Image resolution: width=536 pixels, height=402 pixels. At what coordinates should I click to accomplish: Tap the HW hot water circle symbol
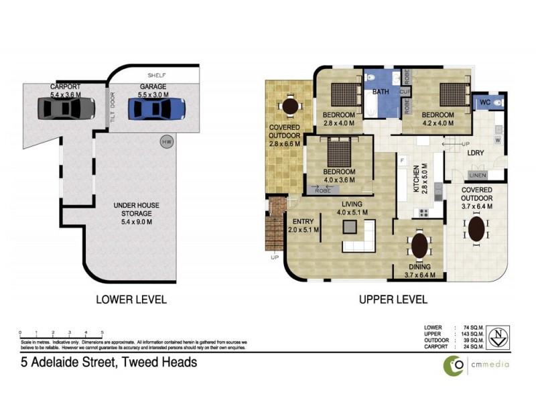165,141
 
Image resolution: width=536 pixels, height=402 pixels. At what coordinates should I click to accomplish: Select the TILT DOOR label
113,111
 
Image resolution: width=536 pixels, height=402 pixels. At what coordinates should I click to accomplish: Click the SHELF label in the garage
156,75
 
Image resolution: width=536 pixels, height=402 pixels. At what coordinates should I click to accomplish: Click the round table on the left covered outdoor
289,106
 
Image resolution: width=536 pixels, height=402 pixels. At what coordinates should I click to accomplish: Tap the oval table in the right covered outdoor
476,228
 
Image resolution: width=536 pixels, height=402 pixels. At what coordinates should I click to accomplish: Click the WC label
486,103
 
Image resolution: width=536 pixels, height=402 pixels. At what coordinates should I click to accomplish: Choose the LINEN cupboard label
478,176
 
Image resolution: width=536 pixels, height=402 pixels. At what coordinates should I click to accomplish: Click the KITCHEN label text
415,180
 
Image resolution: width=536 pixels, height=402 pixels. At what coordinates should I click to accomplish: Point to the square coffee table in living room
351,226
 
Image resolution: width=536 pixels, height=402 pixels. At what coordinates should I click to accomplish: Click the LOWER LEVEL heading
130,299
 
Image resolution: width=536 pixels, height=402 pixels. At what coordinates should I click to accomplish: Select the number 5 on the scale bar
102,332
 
